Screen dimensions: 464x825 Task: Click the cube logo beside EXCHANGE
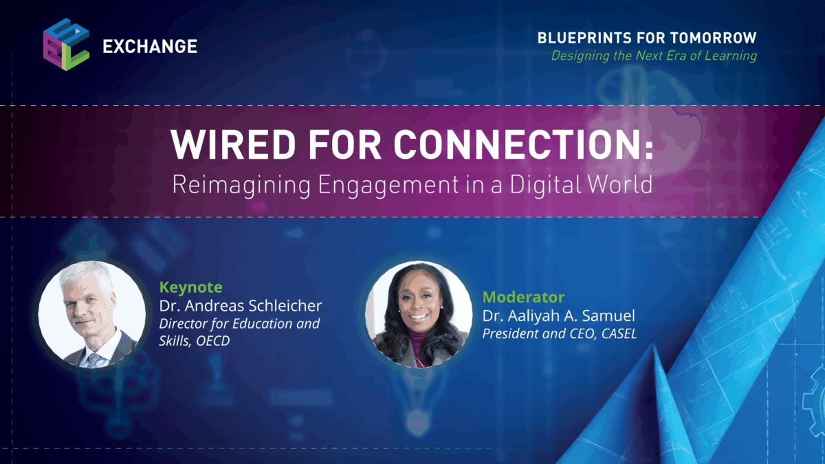(x=66, y=43)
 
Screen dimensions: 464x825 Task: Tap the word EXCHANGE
(x=149, y=47)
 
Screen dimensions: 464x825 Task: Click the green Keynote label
(x=190, y=287)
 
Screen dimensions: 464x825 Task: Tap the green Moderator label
(x=523, y=297)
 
